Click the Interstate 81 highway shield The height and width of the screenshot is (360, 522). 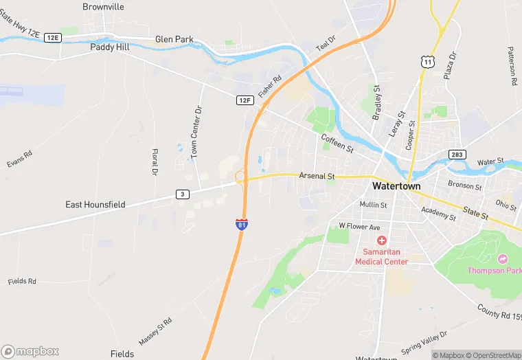[242, 225]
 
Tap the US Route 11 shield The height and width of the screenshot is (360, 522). [428, 62]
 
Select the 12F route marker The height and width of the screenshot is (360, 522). [245, 100]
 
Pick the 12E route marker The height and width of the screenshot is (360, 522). [53, 38]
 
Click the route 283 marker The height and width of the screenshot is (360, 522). [457, 155]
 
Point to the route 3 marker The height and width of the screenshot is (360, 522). [182, 194]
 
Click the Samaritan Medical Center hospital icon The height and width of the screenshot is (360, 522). [381, 240]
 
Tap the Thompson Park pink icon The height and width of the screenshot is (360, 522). [503, 258]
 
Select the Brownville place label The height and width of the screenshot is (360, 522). [103, 7]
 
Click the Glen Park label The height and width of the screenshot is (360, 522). [174, 40]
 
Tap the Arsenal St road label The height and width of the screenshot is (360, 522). [317, 177]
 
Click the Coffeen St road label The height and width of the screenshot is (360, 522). [337, 144]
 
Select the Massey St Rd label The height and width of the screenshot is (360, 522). [155, 332]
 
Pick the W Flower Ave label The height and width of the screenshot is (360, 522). [359, 226]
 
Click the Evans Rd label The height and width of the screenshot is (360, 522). [20, 159]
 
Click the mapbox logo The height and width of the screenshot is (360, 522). [30, 351]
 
